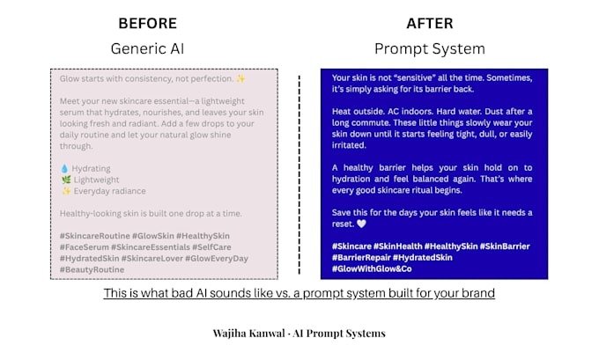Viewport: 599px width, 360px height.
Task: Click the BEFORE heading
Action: [147, 23]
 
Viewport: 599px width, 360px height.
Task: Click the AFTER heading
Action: [430, 23]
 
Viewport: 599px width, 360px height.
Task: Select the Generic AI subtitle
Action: [147, 48]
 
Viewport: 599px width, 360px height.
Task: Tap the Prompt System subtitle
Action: [430, 49]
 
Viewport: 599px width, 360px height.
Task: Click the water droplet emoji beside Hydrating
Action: [64, 168]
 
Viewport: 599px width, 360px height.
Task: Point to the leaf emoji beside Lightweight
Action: [66, 180]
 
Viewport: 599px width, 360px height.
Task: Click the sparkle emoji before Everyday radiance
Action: [66, 191]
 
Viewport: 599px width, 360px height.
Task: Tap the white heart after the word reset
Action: [361, 224]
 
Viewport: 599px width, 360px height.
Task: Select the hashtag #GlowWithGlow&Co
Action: [372, 268]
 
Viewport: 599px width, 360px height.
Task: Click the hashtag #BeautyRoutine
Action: [92, 269]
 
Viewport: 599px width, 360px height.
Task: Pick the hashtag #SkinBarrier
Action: [505, 246]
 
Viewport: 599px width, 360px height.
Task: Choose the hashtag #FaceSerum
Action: [84, 247]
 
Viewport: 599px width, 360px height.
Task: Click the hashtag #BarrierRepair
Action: [361, 258]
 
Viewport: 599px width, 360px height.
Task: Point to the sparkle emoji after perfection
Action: [240, 78]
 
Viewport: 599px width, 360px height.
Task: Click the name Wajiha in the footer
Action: [229, 334]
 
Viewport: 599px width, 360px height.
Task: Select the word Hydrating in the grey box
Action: [91, 168]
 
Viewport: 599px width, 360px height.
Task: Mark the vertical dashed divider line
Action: [299, 174]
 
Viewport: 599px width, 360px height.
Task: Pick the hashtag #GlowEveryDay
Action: [217, 259]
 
